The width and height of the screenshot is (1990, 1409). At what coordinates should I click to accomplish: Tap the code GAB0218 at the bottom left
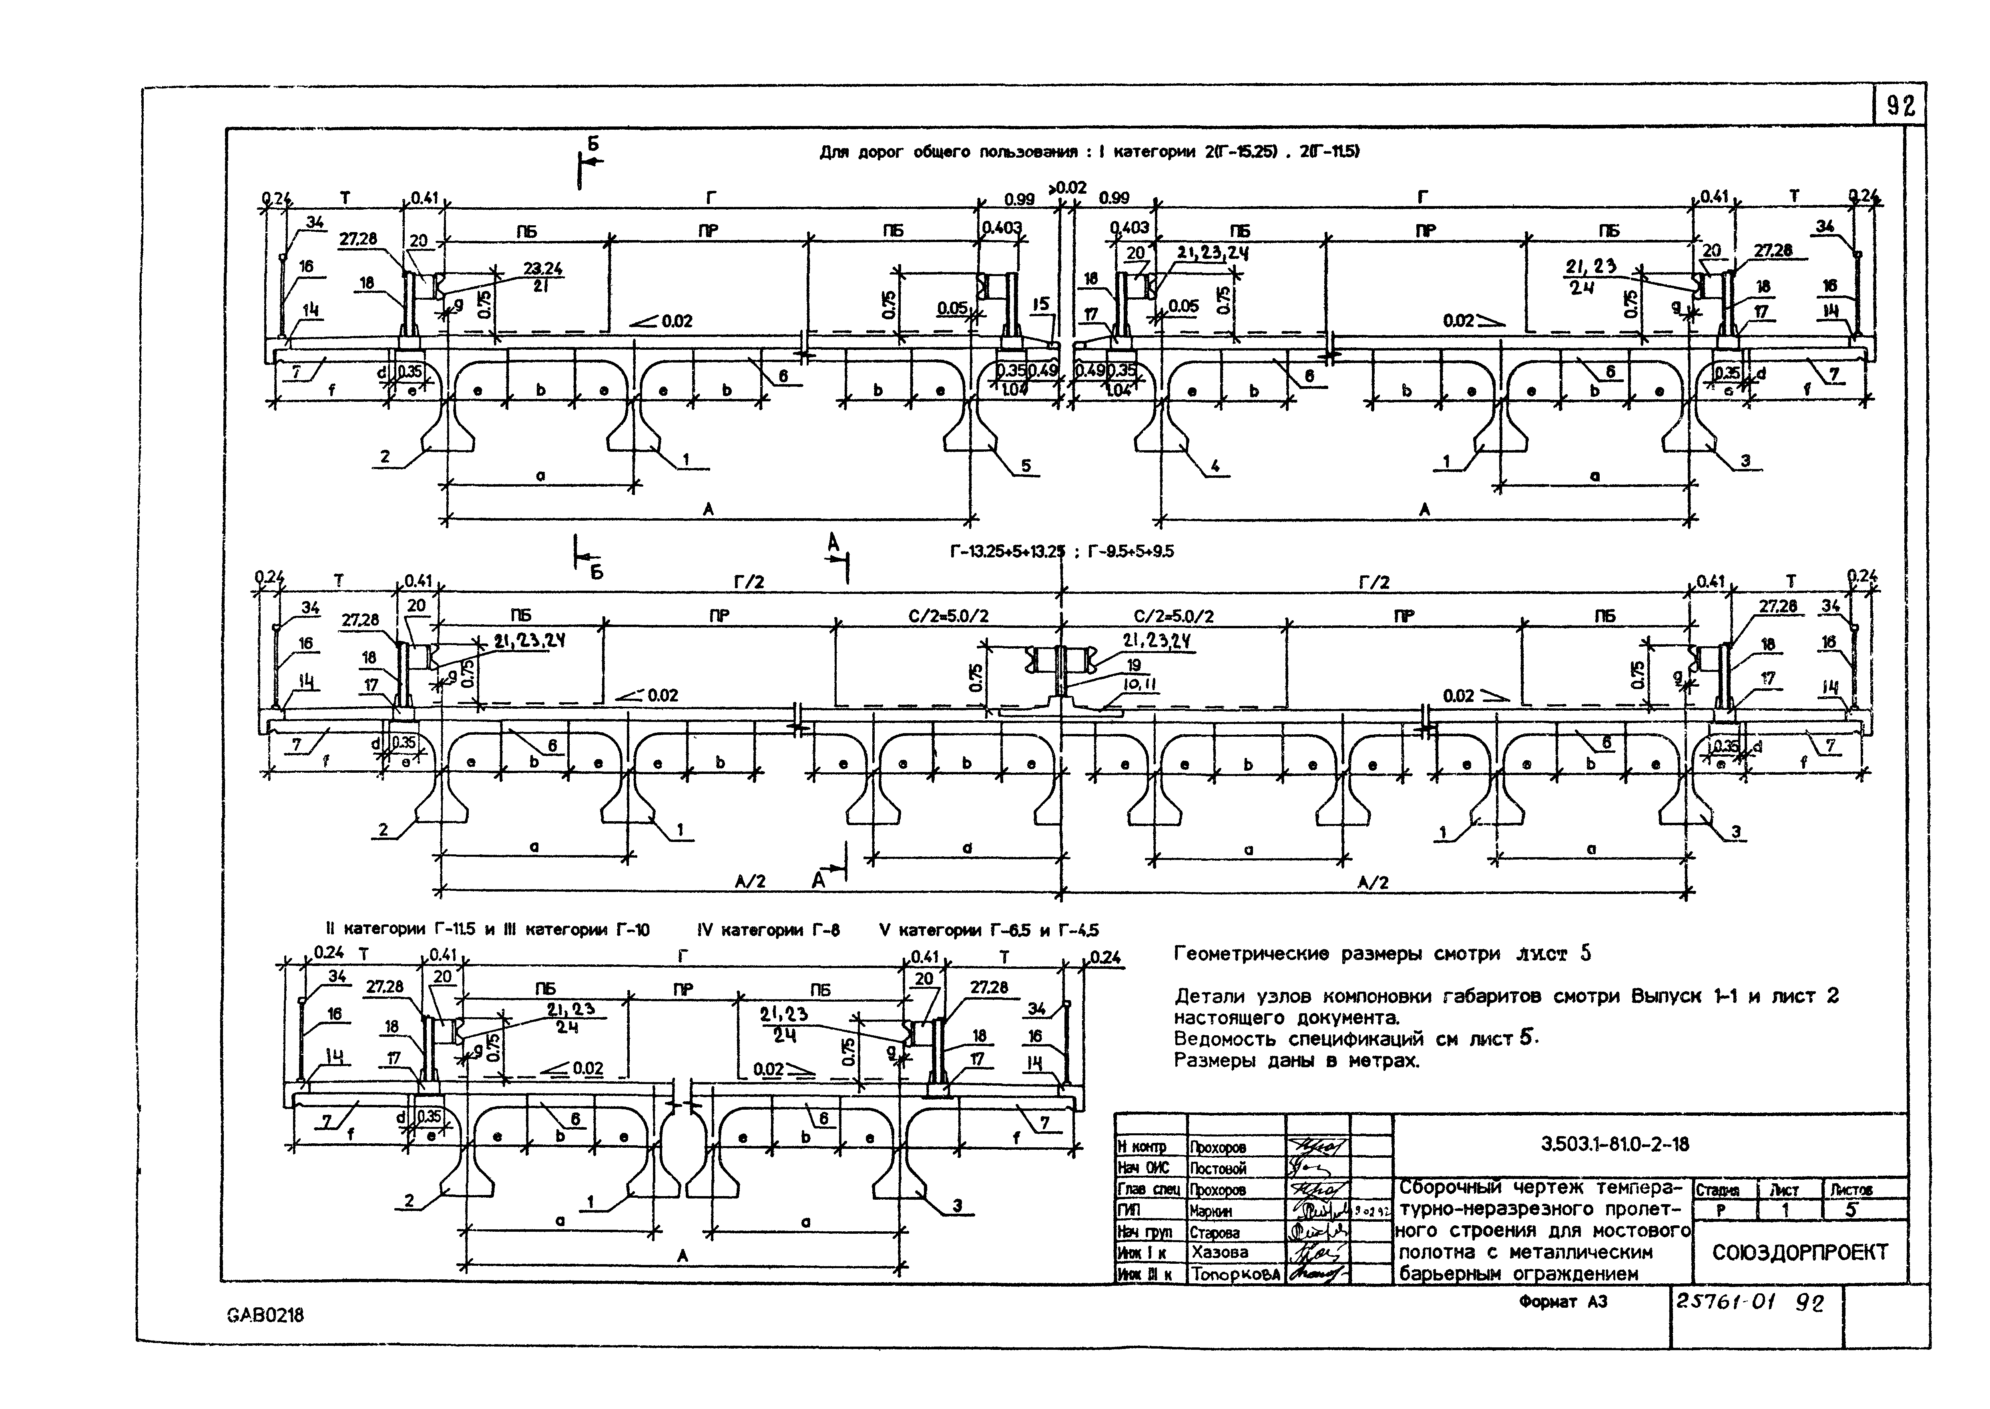coord(265,1315)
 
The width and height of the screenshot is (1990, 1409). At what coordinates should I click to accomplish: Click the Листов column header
coord(1852,1189)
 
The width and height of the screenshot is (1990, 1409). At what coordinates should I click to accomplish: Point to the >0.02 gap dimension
coord(1066,187)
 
